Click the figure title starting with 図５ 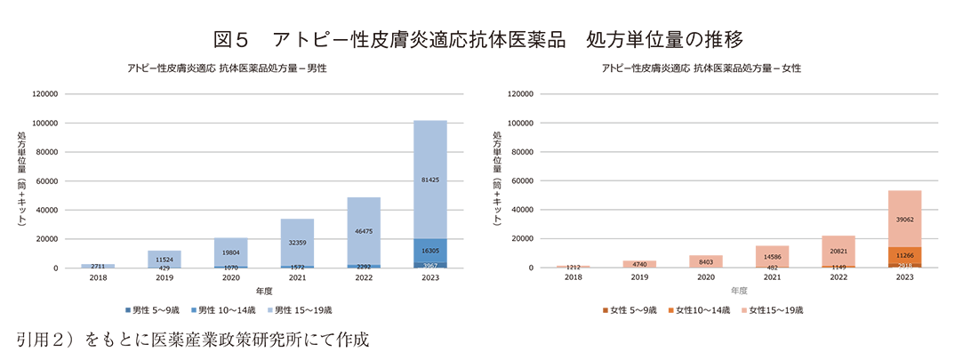pos(477,39)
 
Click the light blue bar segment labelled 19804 pos(230,252)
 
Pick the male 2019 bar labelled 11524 pos(165,259)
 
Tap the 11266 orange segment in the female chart pos(904,254)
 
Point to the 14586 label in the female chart pos(772,256)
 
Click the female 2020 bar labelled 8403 pos(706,261)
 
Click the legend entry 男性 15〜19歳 pos(302,309)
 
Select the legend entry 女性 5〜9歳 pos(634,309)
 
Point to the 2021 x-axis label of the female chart pos(772,277)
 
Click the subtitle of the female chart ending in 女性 pos(702,68)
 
